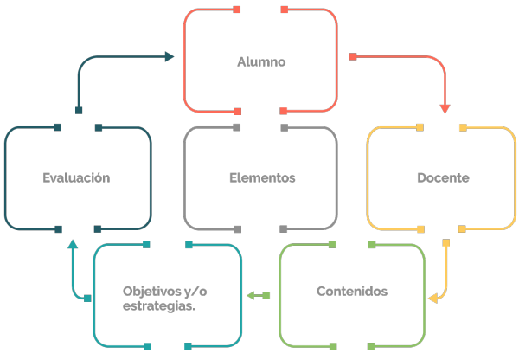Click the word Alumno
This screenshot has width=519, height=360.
click(x=261, y=62)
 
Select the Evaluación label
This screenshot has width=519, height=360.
click(x=76, y=178)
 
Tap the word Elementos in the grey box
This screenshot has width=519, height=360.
click(x=262, y=178)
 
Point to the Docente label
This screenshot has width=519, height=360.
click(x=443, y=178)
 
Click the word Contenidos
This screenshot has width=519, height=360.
click(x=352, y=292)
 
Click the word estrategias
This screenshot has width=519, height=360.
click(x=159, y=306)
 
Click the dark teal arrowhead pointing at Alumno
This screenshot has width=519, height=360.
click(x=170, y=56)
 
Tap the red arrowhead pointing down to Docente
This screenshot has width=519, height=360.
click(x=445, y=109)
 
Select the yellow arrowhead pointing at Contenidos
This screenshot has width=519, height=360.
click(x=433, y=299)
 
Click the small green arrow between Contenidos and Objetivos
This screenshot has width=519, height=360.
click(x=259, y=295)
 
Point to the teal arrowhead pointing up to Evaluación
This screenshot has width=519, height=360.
click(x=73, y=244)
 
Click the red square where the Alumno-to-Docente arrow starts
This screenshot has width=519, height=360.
click(x=353, y=56)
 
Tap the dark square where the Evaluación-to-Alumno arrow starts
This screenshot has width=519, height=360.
click(x=79, y=110)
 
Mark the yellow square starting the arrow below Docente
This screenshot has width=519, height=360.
click(x=445, y=243)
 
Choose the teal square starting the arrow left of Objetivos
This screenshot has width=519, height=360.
click(x=87, y=299)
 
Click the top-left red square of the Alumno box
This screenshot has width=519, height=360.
click(x=237, y=10)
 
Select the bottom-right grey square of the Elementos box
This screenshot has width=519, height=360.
click(x=284, y=228)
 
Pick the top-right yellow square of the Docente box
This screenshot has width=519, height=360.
click(x=463, y=127)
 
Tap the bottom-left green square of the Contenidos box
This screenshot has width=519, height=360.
click(x=333, y=347)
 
